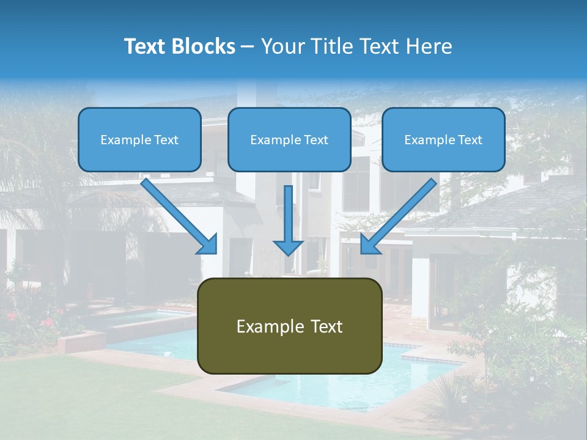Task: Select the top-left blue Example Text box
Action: pos(139,139)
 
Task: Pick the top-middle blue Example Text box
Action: pos(289,139)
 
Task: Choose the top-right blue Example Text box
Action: pos(443,139)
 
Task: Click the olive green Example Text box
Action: pos(289,326)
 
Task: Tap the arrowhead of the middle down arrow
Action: pos(288,247)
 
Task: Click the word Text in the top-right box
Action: pos(470,140)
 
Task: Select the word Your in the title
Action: pos(280,46)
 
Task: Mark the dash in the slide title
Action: pos(248,46)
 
